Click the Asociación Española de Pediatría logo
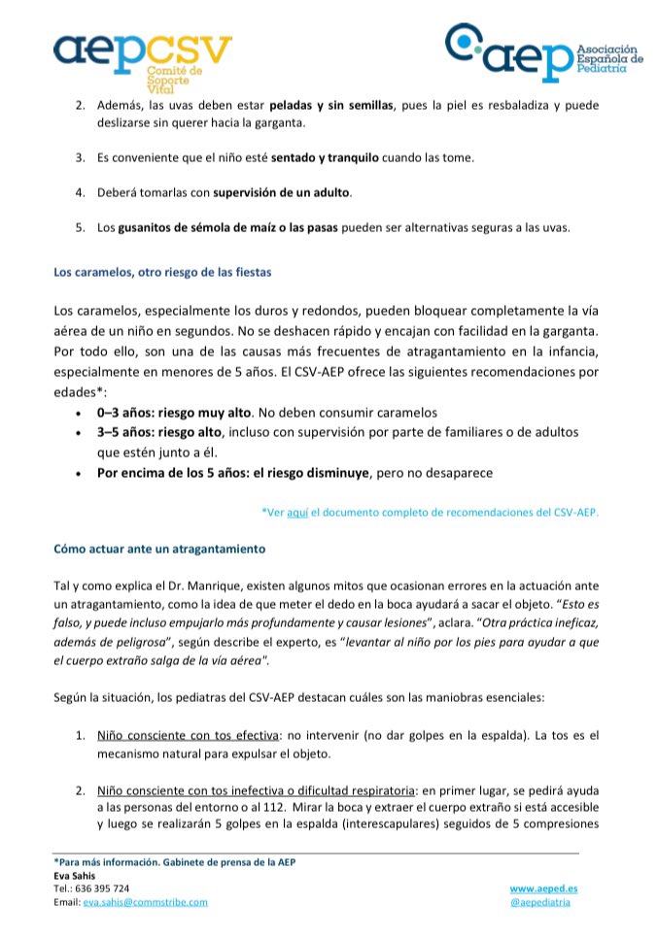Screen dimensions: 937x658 click(x=543, y=53)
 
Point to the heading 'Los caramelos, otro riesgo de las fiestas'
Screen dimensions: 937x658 click(x=161, y=272)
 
